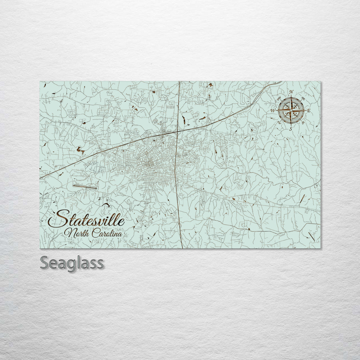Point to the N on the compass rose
(x=291, y=92)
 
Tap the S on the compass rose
(x=291, y=128)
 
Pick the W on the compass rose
(x=273, y=110)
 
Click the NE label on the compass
(x=303, y=98)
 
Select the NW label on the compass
(x=279, y=98)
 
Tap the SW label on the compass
(x=279, y=123)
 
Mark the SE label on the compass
(x=303, y=123)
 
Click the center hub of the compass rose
(x=291, y=110)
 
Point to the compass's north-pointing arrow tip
(x=291, y=96)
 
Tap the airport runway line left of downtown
(x=85, y=187)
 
